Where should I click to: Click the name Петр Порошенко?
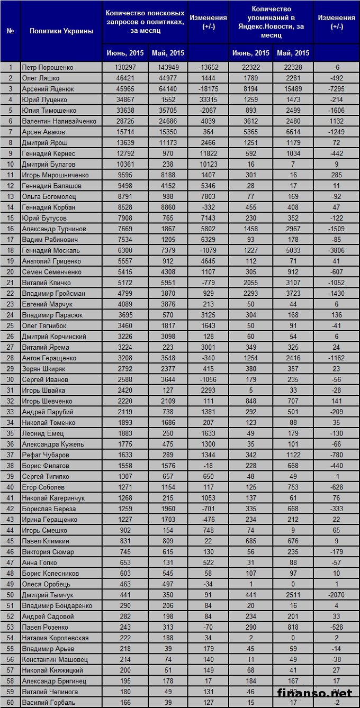coord(48,67)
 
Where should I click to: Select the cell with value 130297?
coord(125,67)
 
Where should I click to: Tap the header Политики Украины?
coord(61,31)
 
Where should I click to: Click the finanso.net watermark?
coord(314,693)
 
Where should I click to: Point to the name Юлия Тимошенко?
coord(49,111)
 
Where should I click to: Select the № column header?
coord(11,31)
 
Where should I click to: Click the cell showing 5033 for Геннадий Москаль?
coord(293,250)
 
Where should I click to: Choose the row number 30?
coord(11,379)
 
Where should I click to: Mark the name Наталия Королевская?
coord(55,638)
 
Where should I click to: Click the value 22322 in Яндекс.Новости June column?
coord(251,67)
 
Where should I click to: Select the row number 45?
coord(11,541)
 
